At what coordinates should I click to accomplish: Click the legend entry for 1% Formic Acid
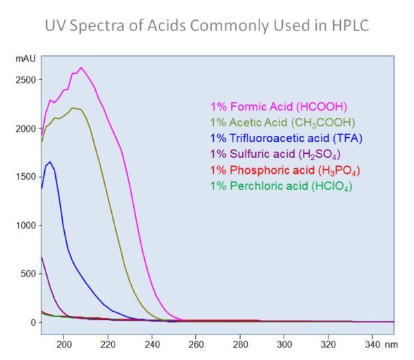pyautogui.click(x=279, y=107)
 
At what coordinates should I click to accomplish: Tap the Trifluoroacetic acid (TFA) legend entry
pyautogui.click(x=286, y=137)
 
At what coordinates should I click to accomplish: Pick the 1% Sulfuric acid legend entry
pyautogui.click(x=275, y=153)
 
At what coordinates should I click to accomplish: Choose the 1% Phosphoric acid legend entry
pyautogui.click(x=285, y=170)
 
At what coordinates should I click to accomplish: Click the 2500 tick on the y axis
pyautogui.click(x=25, y=80)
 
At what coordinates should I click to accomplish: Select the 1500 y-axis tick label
pyautogui.click(x=25, y=177)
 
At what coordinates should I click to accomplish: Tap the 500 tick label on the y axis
pyautogui.click(x=28, y=274)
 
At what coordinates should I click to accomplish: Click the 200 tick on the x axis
pyautogui.click(x=64, y=344)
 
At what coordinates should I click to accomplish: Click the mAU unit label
pyautogui.click(x=25, y=59)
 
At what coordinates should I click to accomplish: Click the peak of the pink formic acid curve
pyautogui.click(x=81, y=68)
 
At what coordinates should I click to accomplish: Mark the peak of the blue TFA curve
pyautogui.click(x=50, y=162)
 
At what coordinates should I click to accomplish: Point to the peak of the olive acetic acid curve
pyautogui.click(x=72, y=108)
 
